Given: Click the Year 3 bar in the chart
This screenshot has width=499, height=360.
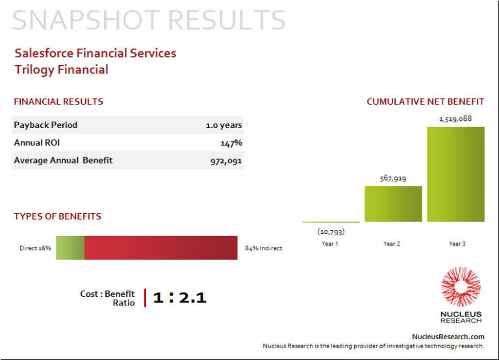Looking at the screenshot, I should (x=455, y=174).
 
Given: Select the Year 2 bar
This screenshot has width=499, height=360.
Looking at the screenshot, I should (x=393, y=204).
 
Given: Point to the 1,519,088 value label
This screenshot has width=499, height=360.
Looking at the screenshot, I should (x=455, y=119).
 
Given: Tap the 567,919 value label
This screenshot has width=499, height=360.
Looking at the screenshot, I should (x=393, y=178).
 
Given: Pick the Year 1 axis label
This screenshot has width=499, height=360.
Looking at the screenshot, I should (x=329, y=244).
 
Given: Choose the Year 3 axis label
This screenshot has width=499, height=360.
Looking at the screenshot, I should (x=456, y=244).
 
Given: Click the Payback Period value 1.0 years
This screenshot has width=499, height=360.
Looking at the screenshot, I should (x=224, y=125).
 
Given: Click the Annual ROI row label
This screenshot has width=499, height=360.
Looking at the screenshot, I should (x=36, y=143).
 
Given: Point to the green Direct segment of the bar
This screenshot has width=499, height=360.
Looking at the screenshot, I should (x=70, y=248).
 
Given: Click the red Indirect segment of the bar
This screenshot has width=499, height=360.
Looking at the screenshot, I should (x=160, y=248).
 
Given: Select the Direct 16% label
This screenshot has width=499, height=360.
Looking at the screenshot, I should (x=35, y=248).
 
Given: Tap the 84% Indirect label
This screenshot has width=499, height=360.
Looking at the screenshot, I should (x=263, y=248).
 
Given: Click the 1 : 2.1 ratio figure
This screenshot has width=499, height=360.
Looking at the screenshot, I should (x=179, y=298).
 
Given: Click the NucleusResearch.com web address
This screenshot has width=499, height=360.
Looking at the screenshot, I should (x=448, y=337).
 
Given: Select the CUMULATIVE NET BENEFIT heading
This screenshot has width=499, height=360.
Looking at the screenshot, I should (x=425, y=102).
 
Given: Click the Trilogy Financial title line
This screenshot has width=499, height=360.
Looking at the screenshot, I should (x=61, y=70).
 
